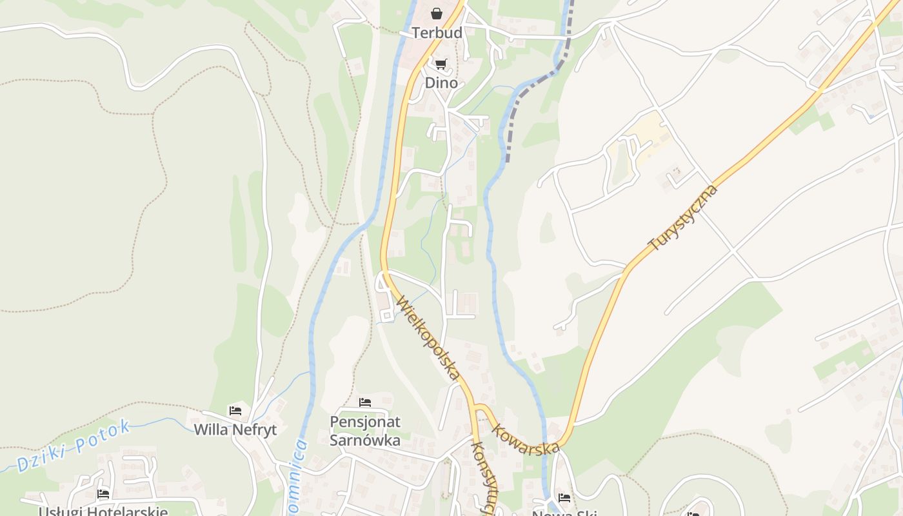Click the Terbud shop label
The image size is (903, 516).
tap(437, 33)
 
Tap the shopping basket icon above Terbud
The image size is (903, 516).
tap(437, 14)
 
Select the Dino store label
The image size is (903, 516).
tap(441, 83)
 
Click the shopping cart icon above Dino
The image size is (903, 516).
tap(441, 64)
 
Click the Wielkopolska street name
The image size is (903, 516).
tap(428, 337)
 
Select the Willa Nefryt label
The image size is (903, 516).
tap(235, 430)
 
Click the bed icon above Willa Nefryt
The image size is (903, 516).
tap(235, 410)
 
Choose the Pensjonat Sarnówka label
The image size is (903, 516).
tap(365, 431)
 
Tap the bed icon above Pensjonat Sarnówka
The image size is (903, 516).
tap(365, 402)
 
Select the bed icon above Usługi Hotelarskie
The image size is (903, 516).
tap(103, 494)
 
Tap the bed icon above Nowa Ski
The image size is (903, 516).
tap(564, 497)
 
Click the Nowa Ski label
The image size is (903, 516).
tap(564, 513)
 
